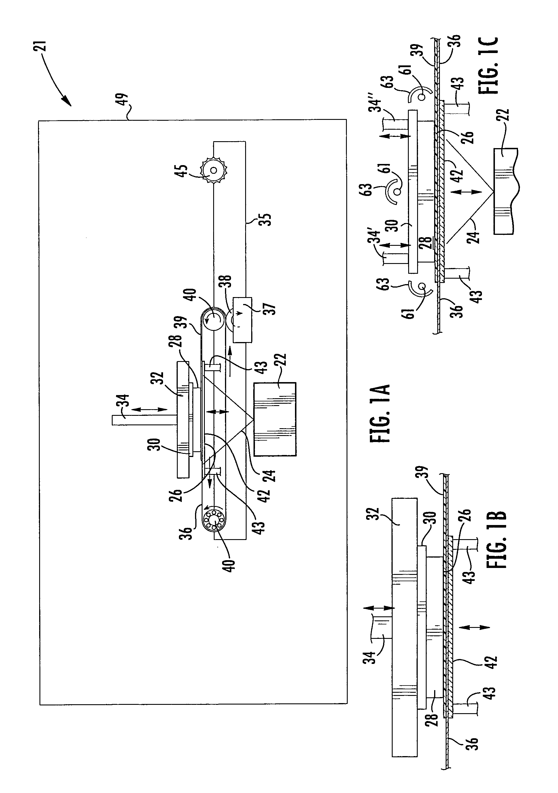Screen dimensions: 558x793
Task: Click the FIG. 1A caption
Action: pos(380,414)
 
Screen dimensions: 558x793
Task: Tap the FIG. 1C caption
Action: pos(488,66)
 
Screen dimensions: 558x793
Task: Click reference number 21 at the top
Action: pos(40,47)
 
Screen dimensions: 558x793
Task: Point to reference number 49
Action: pos(123,100)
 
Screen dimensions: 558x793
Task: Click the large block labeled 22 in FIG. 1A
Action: pos(275,419)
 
